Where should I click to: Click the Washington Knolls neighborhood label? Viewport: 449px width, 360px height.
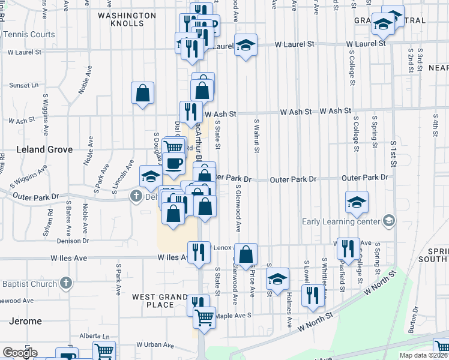coord(122,19)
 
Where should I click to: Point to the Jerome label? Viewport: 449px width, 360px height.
coord(25,321)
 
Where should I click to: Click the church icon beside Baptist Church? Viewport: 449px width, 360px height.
coord(66,283)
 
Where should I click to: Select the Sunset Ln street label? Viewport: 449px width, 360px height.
coord(24,85)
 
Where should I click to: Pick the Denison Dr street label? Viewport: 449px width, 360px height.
coord(73,241)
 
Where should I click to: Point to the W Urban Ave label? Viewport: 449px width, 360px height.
coord(155,345)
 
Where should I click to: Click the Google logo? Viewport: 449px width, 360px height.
coord(20,353)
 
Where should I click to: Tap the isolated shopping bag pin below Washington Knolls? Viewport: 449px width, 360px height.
coord(143,94)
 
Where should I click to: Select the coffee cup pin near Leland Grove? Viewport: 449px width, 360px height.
coord(173,163)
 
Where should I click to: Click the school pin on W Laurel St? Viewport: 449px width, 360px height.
coord(245,46)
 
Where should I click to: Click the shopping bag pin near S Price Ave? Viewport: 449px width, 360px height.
coord(246,254)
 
